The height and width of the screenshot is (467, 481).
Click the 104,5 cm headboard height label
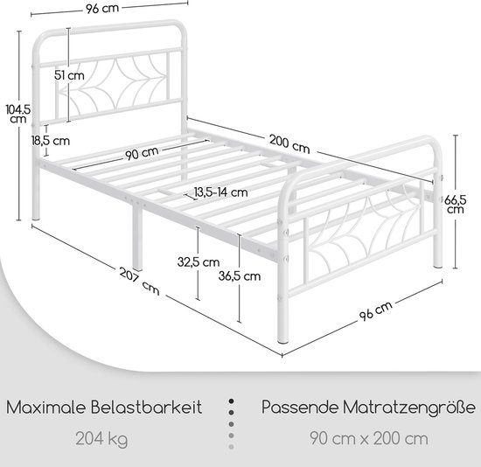pos(18,114)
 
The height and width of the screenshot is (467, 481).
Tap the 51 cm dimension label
pos(69,75)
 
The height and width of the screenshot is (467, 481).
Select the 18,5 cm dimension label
pos(51,141)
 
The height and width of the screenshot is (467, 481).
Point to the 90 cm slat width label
pos(142,153)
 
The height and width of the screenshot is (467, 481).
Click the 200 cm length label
pos(289,144)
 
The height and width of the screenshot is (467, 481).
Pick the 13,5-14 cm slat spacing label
pos(220,192)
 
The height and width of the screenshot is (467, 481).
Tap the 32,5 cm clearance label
pos(199,262)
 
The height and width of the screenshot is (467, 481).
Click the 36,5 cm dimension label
pos(240,276)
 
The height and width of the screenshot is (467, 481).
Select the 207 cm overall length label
pos(140,281)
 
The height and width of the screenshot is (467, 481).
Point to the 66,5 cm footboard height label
pos(456,205)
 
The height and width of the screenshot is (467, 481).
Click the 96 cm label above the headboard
pos(102,9)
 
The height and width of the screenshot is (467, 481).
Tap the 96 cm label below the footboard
pos(375,310)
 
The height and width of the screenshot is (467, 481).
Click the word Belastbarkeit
pos(146,408)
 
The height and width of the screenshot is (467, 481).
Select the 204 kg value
pos(101,439)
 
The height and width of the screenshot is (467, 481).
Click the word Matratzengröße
pos(409,408)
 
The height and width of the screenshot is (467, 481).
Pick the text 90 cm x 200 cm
pos(369,438)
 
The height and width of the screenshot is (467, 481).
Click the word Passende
pos(300,408)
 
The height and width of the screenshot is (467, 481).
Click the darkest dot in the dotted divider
pos(231,401)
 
